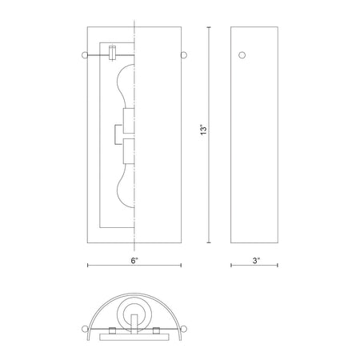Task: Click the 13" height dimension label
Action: (204, 130)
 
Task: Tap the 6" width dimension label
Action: (134, 261)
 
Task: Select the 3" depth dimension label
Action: (256, 261)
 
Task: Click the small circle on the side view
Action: (242, 55)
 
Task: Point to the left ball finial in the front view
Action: (85, 55)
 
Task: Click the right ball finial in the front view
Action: (184, 55)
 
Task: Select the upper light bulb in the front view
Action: (126, 86)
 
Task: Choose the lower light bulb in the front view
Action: (126, 186)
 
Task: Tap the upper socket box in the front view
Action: (129, 121)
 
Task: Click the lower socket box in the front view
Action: (129, 151)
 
